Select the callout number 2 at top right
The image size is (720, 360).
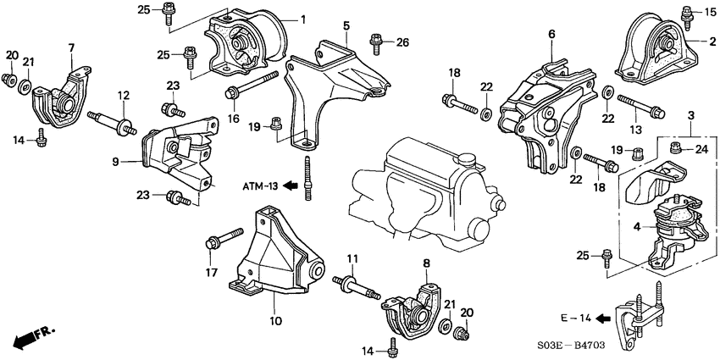713,39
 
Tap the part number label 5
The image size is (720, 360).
346,27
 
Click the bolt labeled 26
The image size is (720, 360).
375,39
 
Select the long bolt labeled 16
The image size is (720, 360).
252,86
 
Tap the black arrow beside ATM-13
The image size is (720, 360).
291,186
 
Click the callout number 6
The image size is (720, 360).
551,35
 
